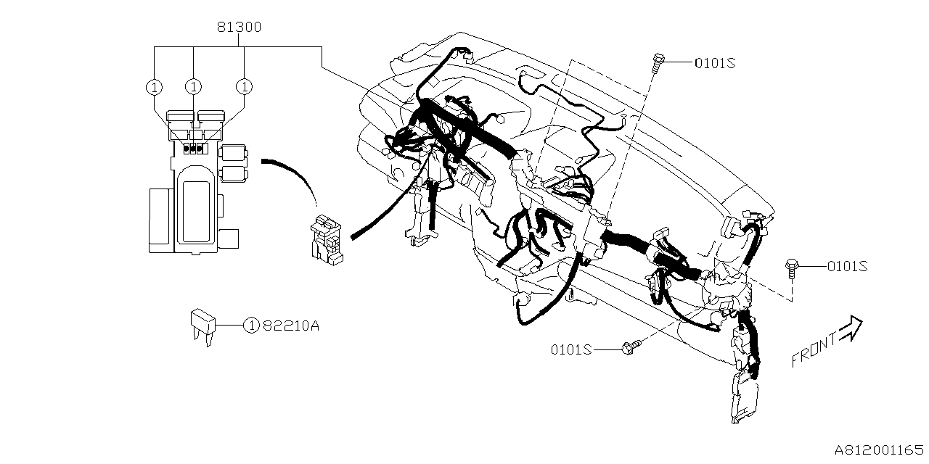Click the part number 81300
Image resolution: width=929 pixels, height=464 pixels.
pos(239,28)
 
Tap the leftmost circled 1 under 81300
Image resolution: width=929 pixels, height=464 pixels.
pos(154,86)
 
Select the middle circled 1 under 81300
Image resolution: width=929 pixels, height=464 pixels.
pos(193,86)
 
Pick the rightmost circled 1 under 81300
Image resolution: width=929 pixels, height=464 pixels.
pos(245,86)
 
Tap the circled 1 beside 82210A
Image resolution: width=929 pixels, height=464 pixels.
pos(250,326)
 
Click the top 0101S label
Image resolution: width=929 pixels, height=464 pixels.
pos(715,63)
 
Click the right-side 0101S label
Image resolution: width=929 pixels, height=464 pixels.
pos(847,266)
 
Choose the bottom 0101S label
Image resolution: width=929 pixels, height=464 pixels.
pos(571,349)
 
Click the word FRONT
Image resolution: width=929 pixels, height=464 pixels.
pos(813,350)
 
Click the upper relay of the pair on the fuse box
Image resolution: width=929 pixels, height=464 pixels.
pos(234,152)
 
